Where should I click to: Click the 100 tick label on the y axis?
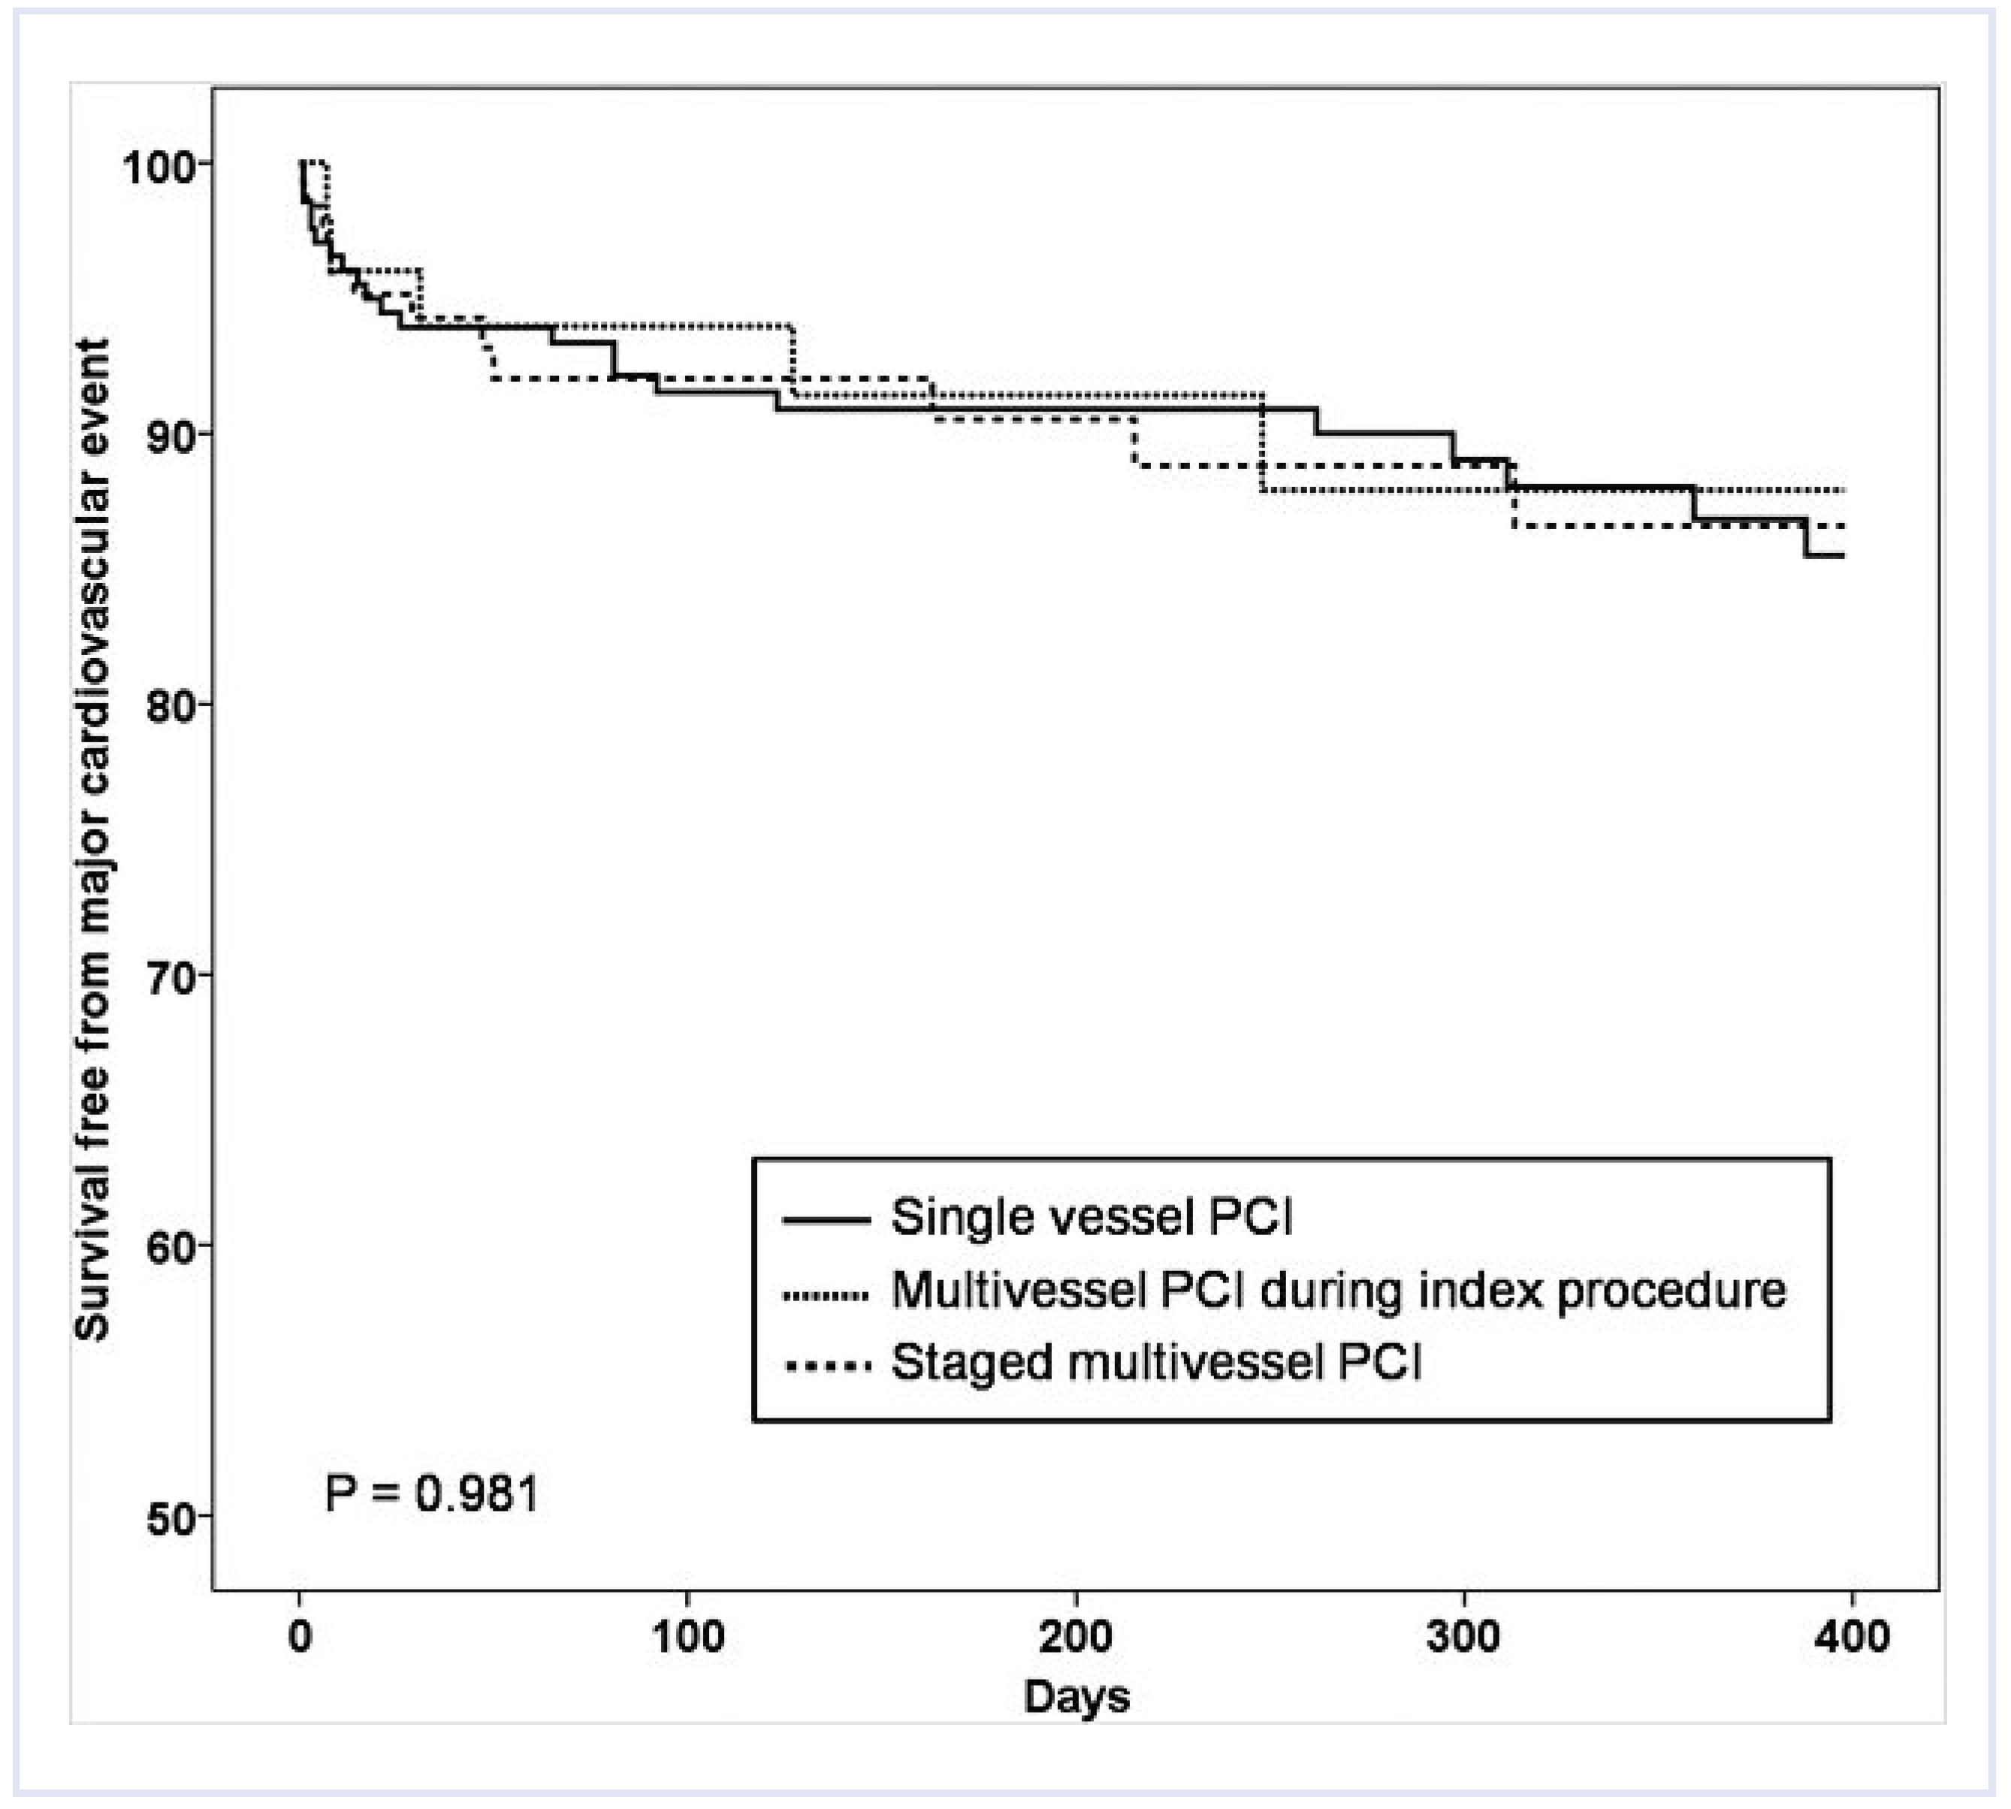[157, 166]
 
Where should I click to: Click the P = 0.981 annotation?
[431, 1493]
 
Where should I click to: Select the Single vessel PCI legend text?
[1092, 1218]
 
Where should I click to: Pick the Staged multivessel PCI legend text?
[1156, 1363]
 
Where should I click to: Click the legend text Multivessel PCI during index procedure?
[1338, 1290]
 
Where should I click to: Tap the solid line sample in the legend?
[826, 1219]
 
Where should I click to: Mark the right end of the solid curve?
[1842, 556]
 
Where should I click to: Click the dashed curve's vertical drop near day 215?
[1134, 443]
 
